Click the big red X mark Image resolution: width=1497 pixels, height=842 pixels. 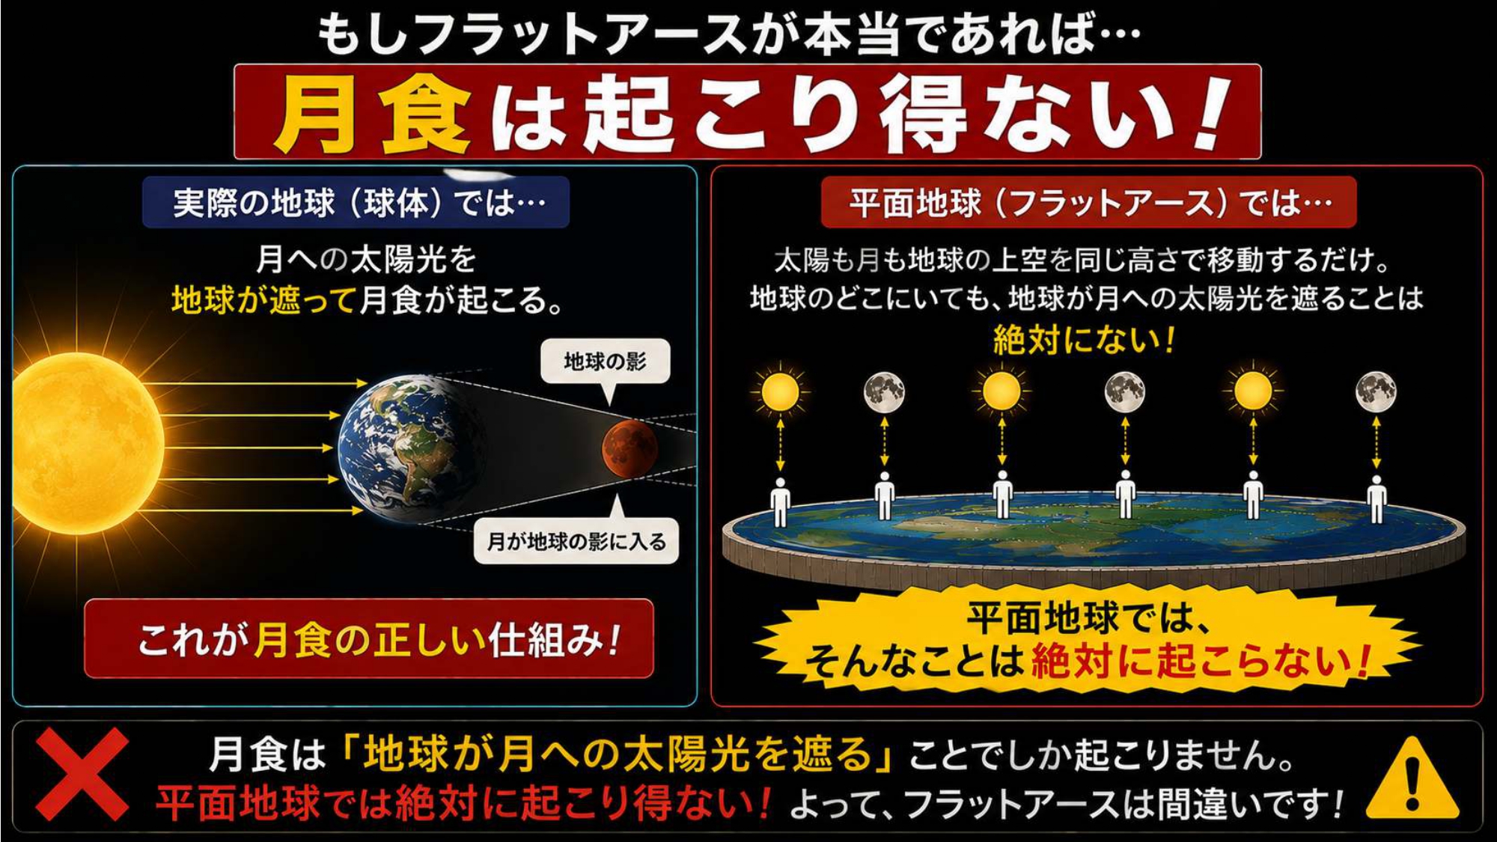pyautogui.click(x=82, y=775)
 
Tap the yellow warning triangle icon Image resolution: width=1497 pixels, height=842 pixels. pyautogui.click(x=1412, y=778)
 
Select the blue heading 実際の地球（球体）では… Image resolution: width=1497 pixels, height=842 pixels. pyautogui.click(x=356, y=202)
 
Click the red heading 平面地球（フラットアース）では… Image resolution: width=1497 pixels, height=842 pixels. pyautogui.click(x=1088, y=202)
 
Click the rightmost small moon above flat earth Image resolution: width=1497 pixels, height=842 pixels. pyautogui.click(x=1376, y=391)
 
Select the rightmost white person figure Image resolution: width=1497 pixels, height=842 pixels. pyautogui.click(x=1376, y=499)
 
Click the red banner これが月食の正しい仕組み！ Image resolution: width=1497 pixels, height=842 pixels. pyautogui.click(x=369, y=638)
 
